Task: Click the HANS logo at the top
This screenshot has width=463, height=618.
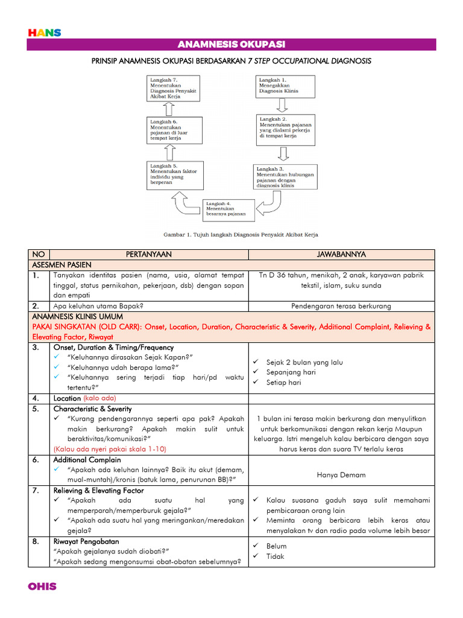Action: (45, 33)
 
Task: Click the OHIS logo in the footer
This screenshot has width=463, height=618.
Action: (42, 586)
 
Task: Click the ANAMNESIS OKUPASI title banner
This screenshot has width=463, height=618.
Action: (231, 45)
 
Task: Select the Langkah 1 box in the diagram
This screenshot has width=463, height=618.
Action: (286, 87)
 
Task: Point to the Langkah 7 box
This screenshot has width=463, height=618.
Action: (172, 87)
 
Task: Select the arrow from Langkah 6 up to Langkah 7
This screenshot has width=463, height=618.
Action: (169, 108)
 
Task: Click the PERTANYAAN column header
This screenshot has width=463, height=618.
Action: (150, 255)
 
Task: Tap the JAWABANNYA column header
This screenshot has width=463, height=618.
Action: (342, 255)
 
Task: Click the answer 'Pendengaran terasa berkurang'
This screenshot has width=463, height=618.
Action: (341, 306)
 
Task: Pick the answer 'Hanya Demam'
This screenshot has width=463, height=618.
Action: (341, 475)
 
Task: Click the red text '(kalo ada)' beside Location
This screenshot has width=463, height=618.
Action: (99, 398)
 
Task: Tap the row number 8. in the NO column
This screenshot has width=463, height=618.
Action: (37, 541)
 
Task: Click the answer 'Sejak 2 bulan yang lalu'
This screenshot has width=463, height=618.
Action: (304, 362)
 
